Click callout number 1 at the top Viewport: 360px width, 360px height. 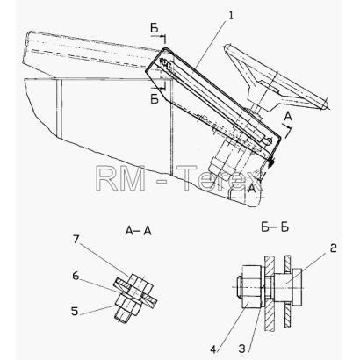(231, 16)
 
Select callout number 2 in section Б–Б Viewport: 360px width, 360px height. (333, 248)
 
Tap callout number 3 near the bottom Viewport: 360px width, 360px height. (241, 349)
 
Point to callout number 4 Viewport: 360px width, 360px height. (213, 349)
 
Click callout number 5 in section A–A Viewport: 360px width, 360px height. (75, 311)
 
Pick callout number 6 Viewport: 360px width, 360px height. (76, 276)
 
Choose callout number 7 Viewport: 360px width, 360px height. (76, 240)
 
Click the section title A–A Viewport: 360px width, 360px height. (138, 231)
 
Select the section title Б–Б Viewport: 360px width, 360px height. (275, 227)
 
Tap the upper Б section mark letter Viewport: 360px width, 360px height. (155, 28)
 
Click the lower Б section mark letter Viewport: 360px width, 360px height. (155, 99)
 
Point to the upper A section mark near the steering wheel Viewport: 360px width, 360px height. (288, 117)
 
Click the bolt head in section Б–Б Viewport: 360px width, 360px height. (296, 286)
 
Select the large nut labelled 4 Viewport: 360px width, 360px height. (251, 287)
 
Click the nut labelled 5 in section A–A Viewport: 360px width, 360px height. (128, 305)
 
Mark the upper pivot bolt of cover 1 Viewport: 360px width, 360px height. (164, 63)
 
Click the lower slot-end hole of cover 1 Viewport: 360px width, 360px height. (268, 141)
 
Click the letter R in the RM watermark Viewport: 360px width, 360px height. (106, 178)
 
